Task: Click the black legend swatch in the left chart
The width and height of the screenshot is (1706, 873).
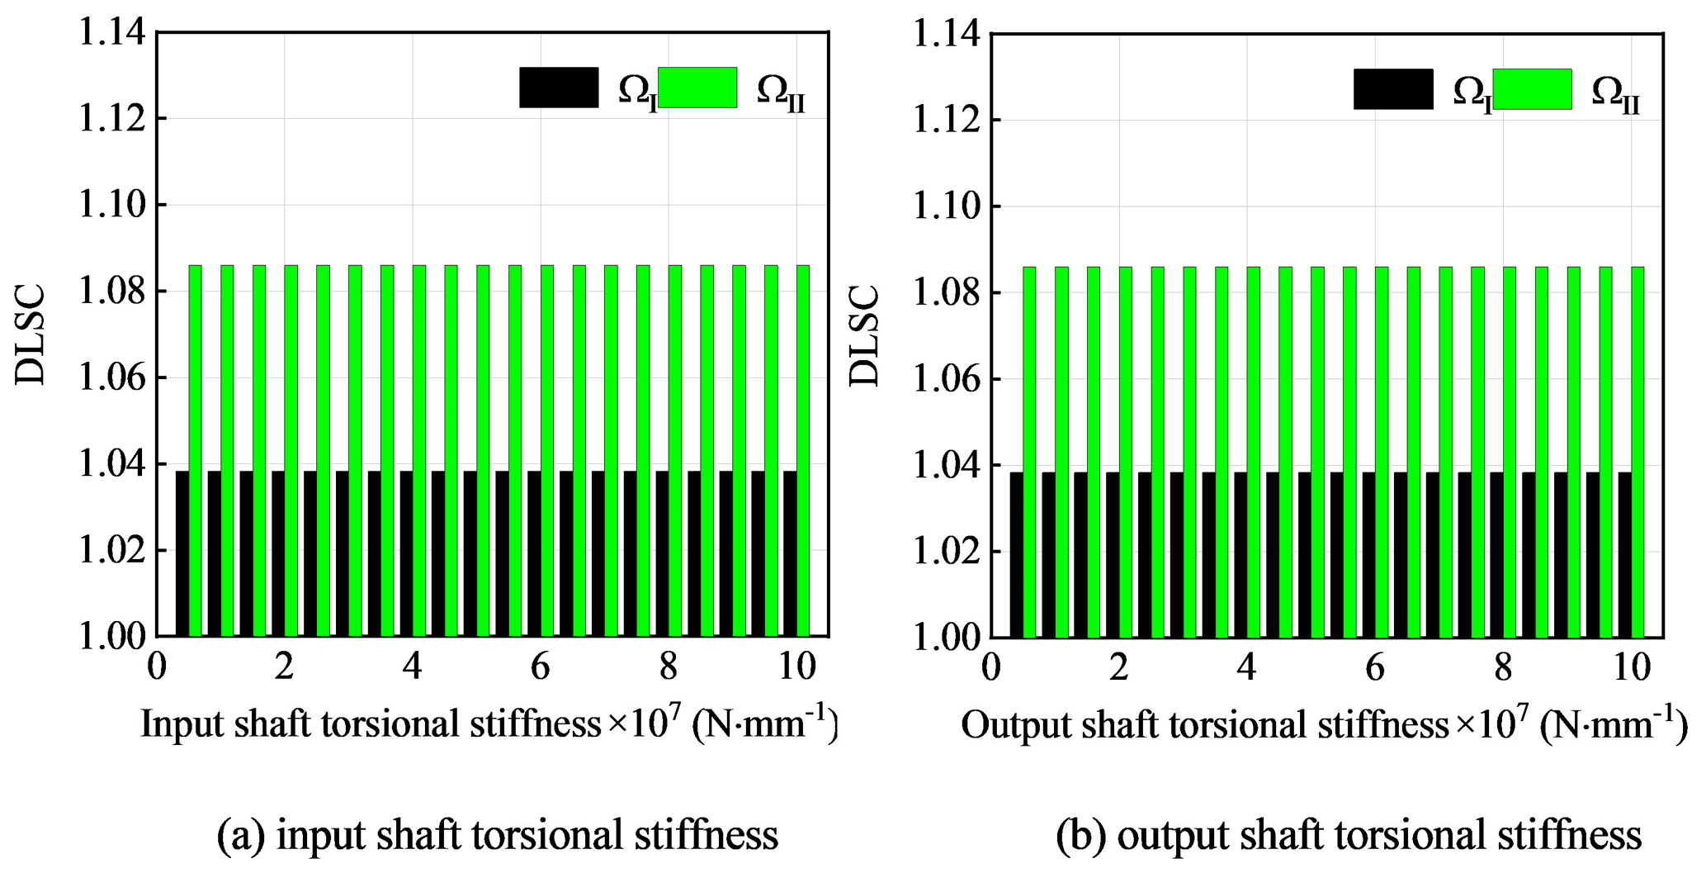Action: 558,88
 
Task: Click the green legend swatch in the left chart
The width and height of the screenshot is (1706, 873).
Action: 697,88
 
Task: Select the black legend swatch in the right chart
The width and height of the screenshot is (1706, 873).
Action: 1392,89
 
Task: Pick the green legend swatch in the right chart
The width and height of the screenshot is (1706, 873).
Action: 1532,89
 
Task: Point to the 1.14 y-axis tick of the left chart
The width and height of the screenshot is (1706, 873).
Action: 111,33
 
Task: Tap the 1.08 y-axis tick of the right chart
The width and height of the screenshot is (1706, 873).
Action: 946,293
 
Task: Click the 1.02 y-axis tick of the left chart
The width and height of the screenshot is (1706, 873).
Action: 111,551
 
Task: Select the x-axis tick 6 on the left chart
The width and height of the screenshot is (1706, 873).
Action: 540,667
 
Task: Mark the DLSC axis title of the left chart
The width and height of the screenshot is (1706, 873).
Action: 31,334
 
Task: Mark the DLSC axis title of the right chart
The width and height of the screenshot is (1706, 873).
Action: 865,336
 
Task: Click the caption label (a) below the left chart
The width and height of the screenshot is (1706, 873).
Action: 240,835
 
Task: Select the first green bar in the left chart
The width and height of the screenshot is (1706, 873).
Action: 196,450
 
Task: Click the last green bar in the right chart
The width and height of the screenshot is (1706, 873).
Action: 1637,452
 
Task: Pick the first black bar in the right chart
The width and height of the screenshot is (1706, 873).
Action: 1017,554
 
